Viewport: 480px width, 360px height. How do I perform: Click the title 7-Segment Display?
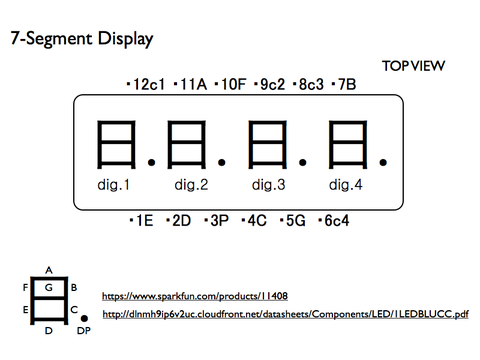(x=81, y=40)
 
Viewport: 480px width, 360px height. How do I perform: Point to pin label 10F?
(x=232, y=85)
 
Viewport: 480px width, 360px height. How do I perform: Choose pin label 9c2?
(x=273, y=85)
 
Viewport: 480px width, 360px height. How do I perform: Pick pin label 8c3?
(x=311, y=85)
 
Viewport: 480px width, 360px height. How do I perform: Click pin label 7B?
(x=346, y=85)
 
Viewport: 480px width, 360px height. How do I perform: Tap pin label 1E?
(x=144, y=220)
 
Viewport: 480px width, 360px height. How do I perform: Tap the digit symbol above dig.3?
(x=267, y=144)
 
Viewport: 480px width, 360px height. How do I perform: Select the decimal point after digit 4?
(x=382, y=160)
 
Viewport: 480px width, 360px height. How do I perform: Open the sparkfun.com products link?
(x=195, y=296)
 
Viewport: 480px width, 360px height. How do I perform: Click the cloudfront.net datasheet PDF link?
(x=285, y=315)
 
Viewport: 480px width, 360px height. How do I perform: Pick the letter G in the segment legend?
(x=48, y=287)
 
